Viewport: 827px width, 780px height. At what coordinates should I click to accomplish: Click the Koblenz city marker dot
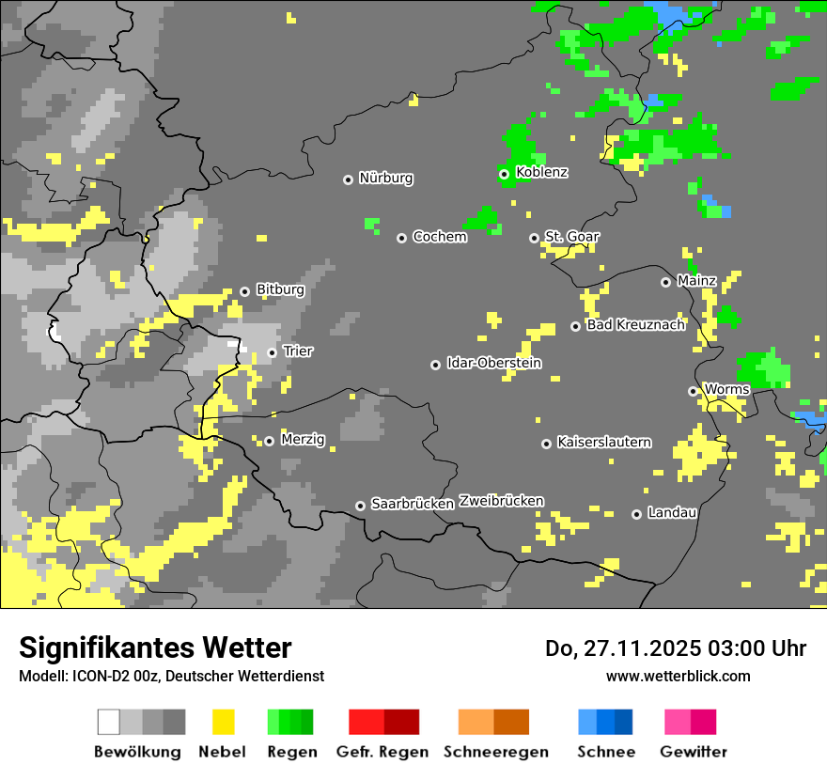point(504,174)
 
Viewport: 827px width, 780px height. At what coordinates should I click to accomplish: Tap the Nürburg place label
point(386,178)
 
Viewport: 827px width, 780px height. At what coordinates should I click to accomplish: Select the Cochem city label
point(440,237)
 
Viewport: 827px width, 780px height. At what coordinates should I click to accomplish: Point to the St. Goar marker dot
point(534,238)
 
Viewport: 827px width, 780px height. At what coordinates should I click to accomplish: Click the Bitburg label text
point(281,289)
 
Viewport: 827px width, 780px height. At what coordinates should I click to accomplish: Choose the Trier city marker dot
point(273,352)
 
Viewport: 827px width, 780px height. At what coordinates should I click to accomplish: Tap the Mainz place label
point(697,280)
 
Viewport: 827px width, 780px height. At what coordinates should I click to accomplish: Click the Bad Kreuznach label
point(636,325)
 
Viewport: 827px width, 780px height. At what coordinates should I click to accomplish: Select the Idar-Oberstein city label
point(494,363)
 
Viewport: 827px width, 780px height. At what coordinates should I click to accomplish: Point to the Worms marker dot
point(693,391)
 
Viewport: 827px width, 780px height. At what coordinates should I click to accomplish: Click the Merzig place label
point(304,439)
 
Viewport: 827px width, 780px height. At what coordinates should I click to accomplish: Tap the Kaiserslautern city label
point(604,442)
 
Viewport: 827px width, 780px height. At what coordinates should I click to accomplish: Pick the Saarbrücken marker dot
point(360,506)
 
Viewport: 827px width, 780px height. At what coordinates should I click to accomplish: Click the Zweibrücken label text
point(502,501)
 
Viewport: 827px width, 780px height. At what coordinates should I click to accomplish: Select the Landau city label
point(673,512)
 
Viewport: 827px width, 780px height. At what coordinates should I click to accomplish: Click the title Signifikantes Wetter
point(155,647)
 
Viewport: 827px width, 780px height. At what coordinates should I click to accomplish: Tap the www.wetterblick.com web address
point(679,676)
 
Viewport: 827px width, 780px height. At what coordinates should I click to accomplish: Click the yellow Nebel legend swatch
point(223,722)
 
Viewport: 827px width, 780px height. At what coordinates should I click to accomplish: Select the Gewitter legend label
point(694,752)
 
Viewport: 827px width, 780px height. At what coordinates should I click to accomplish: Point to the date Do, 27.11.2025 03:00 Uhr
point(676,648)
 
